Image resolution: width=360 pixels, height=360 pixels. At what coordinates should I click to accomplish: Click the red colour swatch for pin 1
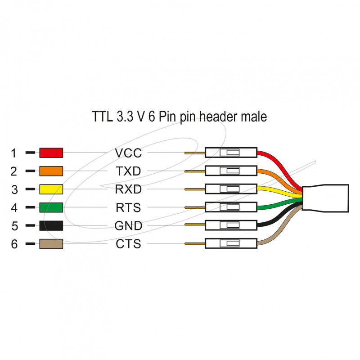click(x=51, y=153)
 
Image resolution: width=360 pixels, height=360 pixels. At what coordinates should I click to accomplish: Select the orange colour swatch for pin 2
click(x=51, y=171)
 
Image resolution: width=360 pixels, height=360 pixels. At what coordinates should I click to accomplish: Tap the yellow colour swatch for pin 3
click(x=51, y=189)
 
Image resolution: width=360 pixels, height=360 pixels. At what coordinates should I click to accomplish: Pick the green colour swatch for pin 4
click(x=51, y=207)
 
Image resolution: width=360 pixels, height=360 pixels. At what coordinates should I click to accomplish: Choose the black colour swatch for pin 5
click(x=51, y=225)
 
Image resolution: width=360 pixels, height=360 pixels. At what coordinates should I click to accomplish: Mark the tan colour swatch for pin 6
click(x=51, y=244)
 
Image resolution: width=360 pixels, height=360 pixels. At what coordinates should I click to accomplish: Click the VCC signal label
click(x=128, y=153)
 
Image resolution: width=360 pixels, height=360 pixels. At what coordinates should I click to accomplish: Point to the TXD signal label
click(x=128, y=171)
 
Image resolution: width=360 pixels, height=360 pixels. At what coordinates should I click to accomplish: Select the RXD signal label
click(x=128, y=189)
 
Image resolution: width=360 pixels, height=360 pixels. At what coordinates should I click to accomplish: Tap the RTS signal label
click(x=128, y=207)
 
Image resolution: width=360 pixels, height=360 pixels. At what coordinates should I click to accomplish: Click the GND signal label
click(x=128, y=225)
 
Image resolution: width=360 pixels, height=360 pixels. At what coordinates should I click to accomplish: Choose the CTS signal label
click(x=128, y=244)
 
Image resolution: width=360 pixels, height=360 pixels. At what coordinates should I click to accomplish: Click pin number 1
click(x=14, y=153)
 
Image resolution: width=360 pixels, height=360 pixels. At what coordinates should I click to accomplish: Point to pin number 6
click(x=14, y=244)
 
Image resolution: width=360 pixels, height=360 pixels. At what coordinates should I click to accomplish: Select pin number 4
click(x=14, y=208)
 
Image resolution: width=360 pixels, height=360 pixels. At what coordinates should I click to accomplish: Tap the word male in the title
click(x=252, y=117)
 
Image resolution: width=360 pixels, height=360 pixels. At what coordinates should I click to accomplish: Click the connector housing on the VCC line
click(x=231, y=153)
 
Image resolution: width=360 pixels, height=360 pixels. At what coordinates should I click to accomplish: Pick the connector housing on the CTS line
click(x=231, y=243)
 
